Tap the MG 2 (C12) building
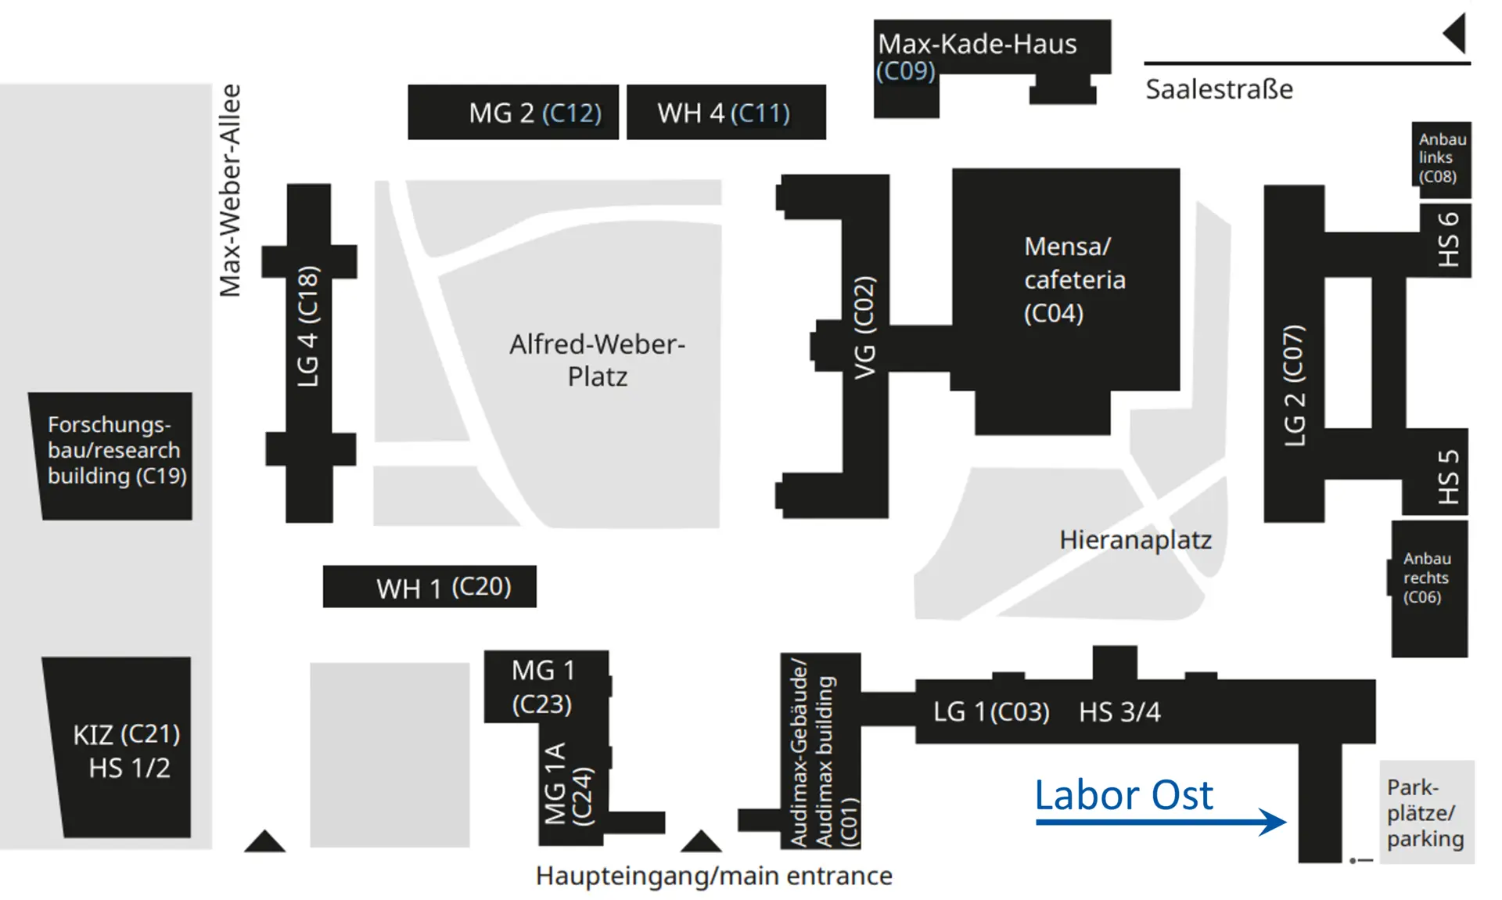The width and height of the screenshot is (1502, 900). [x=513, y=113]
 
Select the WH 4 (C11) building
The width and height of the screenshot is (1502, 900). [x=725, y=113]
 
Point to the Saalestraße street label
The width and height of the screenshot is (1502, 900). [x=1219, y=89]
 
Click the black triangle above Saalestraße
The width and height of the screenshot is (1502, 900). [x=1455, y=33]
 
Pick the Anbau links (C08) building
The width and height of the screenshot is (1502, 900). [x=1440, y=158]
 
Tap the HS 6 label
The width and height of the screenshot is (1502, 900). [x=1449, y=239]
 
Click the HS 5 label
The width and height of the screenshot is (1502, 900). [x=1449, y=477]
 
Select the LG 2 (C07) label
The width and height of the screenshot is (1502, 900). [x=1295, y=385]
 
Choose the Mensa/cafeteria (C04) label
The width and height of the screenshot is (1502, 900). [x=1074, y=279]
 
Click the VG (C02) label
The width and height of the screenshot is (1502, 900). [x=864, y=327]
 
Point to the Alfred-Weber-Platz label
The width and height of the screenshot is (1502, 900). [x=597, y=360]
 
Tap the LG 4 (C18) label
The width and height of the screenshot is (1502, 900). [x=308, y=326]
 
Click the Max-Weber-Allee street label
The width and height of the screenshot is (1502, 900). [x=230, y=190]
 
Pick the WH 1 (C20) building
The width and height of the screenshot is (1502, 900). [x=429, y=587]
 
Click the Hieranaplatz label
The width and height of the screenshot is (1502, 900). [x=1135, y=540]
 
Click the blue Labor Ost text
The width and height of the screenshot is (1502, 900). [x=1123, y=795]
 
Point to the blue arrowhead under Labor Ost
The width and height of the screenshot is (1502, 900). [x=1274, y=822]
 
